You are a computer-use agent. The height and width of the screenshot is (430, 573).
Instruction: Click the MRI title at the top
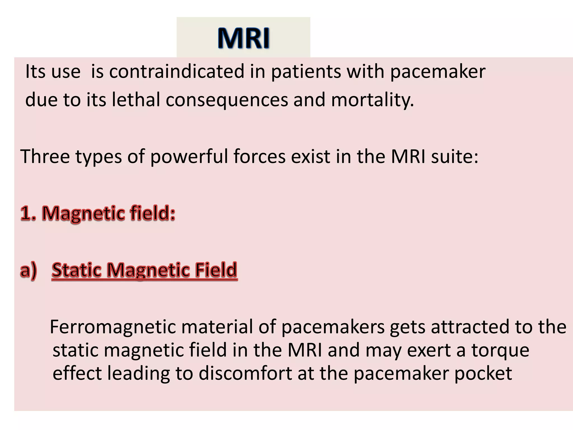(x=243, y=38)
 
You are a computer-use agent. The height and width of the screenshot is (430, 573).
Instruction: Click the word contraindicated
(x=177, y=71)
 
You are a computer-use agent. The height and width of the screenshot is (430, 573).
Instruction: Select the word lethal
(x=136, y=100)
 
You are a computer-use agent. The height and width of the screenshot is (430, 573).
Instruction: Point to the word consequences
(x=227, y=100)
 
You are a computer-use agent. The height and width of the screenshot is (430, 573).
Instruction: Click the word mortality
(x=372, y=100)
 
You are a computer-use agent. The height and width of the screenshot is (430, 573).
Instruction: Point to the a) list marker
(x=28, y=270)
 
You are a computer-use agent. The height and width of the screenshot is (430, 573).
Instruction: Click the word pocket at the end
(x=483, y=373)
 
